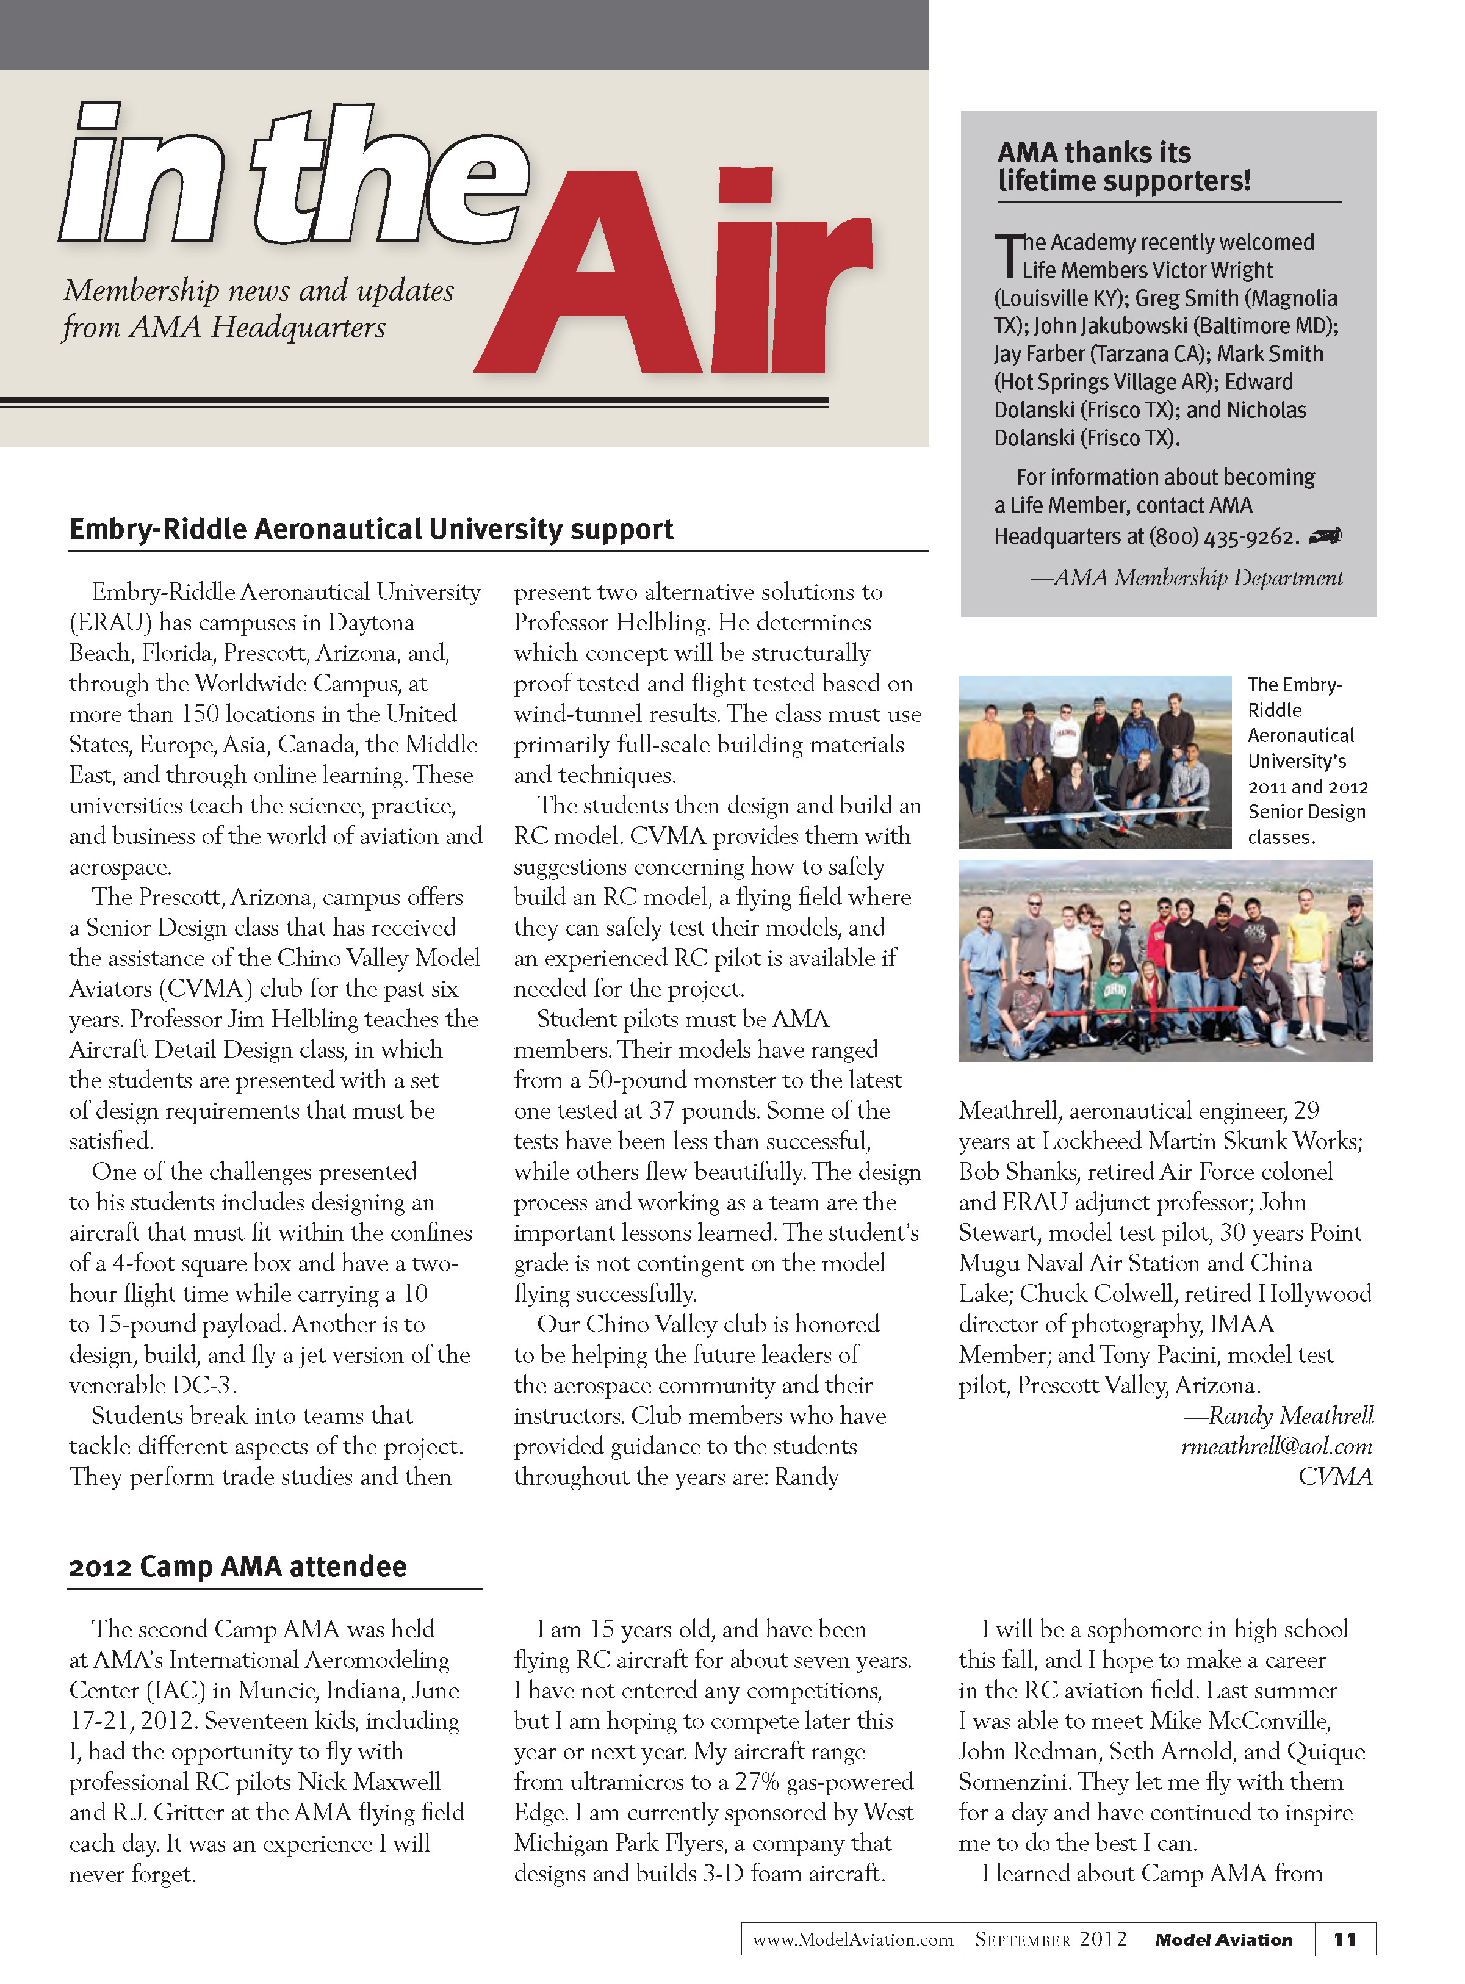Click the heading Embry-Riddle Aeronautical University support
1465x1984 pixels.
[x=371, y=530]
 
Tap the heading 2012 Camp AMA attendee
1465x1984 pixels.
[x=238, y=1567]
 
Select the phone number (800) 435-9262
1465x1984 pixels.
[x=1224, y=536]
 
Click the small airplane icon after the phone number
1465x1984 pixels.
[x=1326, y=536]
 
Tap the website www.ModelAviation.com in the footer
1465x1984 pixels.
[x=852, y=1939]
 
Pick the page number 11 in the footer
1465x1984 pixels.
[x=1344, y=1939]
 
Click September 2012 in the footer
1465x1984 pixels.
[x=1050, y=1939]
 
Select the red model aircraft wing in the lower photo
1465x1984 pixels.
[x=1144, y=1012]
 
